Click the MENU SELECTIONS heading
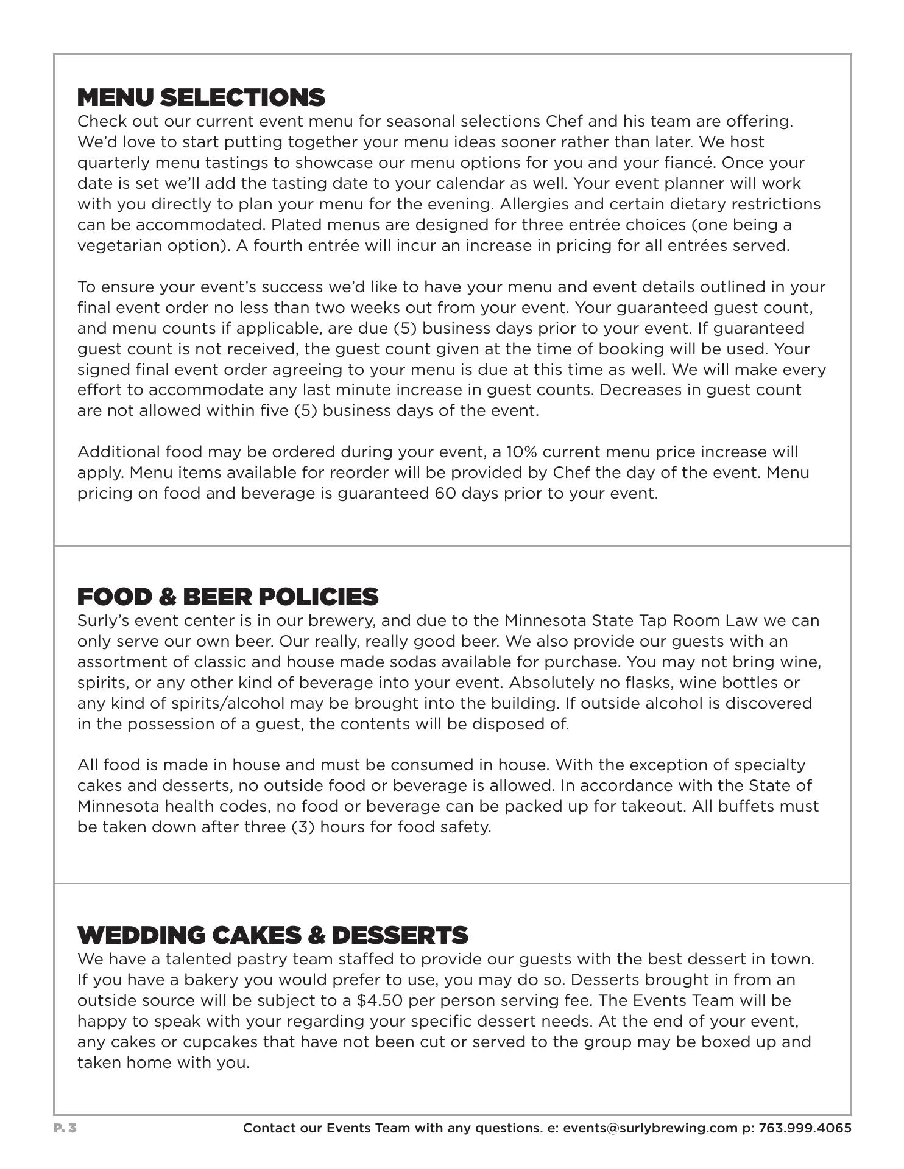pos(201,97)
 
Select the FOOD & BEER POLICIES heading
pos(228,597)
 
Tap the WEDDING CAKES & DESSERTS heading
pos(272,935)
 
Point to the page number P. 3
pos(65,1128)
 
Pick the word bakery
pos(260,980)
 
